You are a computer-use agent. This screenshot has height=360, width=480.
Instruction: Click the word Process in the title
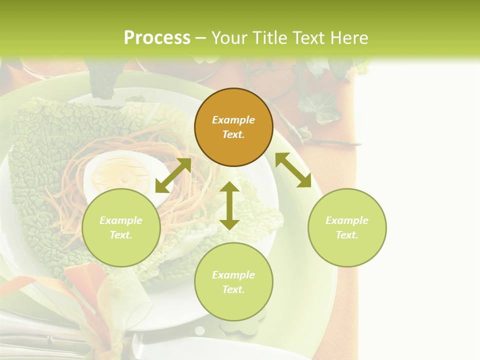157,38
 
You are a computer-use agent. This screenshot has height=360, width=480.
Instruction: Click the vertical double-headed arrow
229,205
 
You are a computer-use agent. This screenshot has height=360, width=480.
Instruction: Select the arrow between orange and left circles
173,175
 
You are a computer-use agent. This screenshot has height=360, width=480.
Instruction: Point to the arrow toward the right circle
293,170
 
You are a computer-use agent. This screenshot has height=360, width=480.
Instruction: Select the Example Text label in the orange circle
233,127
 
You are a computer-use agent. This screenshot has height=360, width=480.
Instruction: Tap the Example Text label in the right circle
347,227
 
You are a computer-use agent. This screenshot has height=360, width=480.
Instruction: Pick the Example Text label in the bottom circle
233,282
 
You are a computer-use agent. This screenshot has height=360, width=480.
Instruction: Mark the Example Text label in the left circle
121,227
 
